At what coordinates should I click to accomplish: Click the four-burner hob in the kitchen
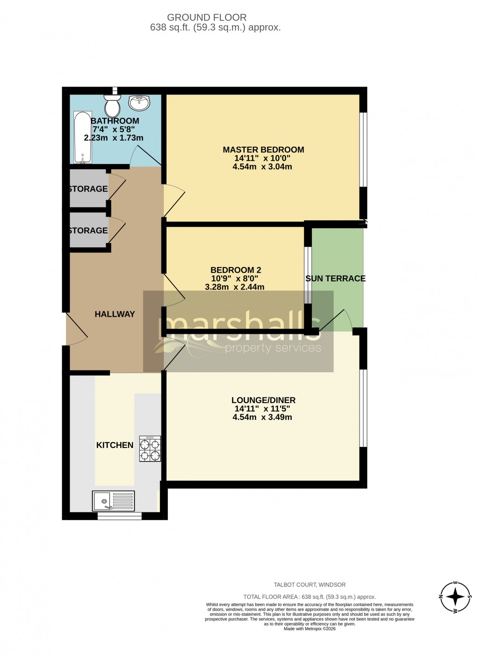[150, 449]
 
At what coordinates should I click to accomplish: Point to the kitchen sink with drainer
[113, 501]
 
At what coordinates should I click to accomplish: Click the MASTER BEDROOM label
[263, 150]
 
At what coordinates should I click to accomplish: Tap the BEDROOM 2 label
[236, 270]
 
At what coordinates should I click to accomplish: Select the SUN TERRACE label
[335, 278]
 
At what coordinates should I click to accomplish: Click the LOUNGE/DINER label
[263, 400]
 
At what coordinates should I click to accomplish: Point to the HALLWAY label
[115, 314]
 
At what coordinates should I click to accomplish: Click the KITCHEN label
[115, 445]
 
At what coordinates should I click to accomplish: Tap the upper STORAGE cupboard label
[88, 189]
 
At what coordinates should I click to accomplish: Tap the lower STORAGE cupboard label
[88, 231]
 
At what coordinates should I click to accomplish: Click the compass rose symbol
[455, 597]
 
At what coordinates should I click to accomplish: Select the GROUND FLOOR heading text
[207, 17]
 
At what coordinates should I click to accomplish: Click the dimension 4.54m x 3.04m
[262, 166]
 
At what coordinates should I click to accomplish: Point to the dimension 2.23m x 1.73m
[114, 138]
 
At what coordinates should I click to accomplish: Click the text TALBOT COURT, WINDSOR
[310, 584]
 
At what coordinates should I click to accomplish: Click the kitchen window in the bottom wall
[119, 516]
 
